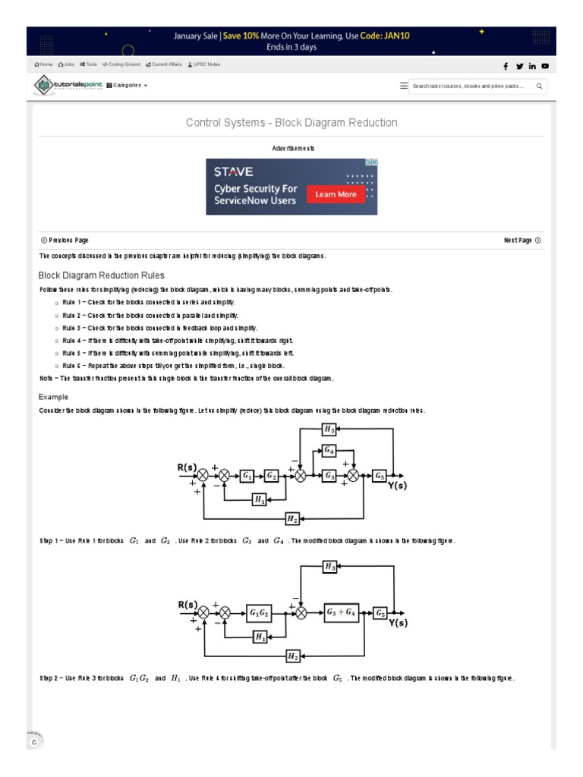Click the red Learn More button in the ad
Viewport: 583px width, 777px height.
point(336,194)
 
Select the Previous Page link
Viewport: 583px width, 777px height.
point(65,241)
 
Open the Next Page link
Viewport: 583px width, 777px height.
point(522,241)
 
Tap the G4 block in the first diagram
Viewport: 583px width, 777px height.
point(329,451)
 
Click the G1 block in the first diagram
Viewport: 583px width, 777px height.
point(247,476)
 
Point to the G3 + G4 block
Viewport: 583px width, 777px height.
point(341,613)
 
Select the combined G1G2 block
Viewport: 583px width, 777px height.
point(260,613)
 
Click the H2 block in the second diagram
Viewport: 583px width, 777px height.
point(293,656)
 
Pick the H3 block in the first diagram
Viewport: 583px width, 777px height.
point(329,429)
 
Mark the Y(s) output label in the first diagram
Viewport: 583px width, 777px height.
point(398,486)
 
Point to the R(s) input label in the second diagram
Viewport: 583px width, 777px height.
point(188,605)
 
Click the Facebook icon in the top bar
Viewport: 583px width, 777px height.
point(506,66)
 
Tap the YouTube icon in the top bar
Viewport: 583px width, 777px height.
point(545,66)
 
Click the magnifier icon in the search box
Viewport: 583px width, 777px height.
point(539,87)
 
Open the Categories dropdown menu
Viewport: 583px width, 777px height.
point(127,86)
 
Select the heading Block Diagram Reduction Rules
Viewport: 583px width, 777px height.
point(101,275)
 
